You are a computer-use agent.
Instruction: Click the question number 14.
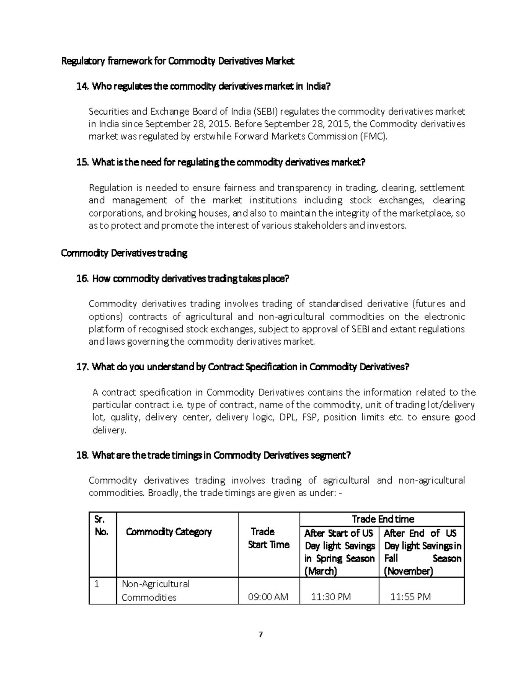pyautogui.click(x=82, y=87)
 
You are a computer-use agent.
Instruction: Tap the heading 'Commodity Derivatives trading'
pyautogui.click(x=124, y=253)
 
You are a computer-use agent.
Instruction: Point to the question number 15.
pyautogui.click(x=82, y=162)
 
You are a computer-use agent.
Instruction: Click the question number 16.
pyautogui.click(x=82, y=279)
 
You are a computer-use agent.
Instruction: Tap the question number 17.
pyautogui.click(x=82, y=367)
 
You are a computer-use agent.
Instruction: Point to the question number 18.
pyautogui.click(x=82, y=455)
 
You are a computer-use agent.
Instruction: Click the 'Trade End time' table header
pyautogui.click(x=383, y=519)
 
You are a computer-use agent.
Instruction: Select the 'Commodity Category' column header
pyautogui.click(x=169, y=532)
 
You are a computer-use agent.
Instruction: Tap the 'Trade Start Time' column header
pyautogui.click(x=268, y=538)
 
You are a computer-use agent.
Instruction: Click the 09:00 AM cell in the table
pyautogui.click(x=268, y=597)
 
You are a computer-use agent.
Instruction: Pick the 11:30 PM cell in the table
pyautogui.click(x=331, y=597)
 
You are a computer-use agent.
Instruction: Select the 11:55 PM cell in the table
pyautogui.click(x=411, y=597)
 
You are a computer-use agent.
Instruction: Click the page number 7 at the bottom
pyautogui.click(x=261, y=634)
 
